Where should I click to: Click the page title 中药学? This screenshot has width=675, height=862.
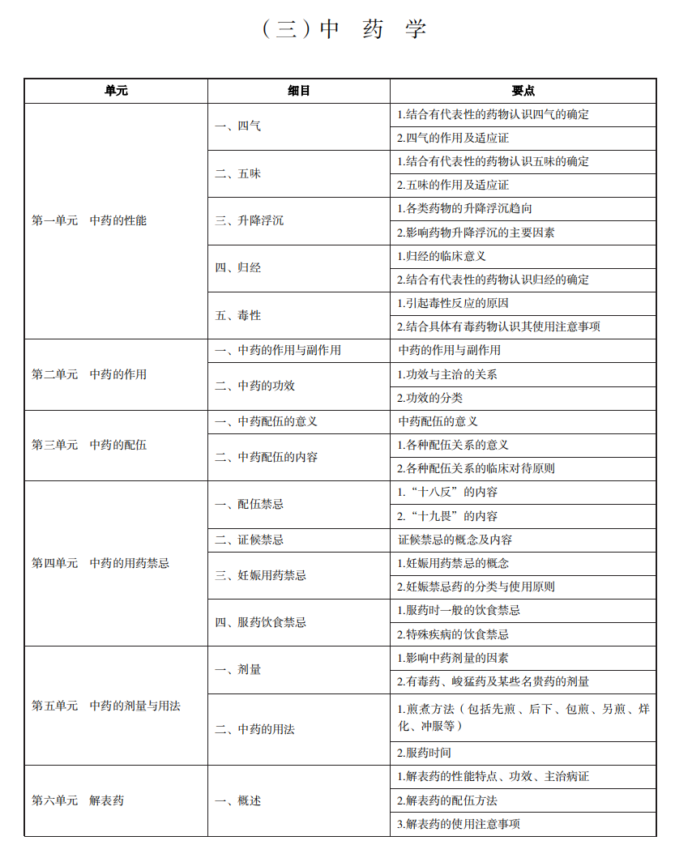pyautogui.click(x=344, y=30)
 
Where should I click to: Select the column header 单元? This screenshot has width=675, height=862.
pyautogui.click(x=116, y=91)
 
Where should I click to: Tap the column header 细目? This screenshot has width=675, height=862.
pyautogui.click(x=299, y=91)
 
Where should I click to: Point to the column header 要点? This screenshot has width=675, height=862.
pyautogui.click(x=523, y=91)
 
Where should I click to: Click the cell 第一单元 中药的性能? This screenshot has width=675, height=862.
pyautogui.click(x=89, y=220)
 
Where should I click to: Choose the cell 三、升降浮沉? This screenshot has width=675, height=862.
pyautogui.click(x=250, y=220)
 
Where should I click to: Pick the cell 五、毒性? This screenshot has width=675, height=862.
pyautogui.click(x=238, y=315)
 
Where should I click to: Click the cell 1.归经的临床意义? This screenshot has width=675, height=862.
pyautogui.click(x=453, y=256)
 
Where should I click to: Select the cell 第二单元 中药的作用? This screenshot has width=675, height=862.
pyautogui.click(x=89, y=374)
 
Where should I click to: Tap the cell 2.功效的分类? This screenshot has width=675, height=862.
pyautogui.click(x=442, y=398)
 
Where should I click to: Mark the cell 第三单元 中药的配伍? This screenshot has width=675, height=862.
pyautogui.click(x=89, y=445)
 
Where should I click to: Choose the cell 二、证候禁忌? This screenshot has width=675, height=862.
pyautogui.click(x=250, y=539)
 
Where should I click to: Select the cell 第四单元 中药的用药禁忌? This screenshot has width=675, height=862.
pyautogui.click(x=100, y=563)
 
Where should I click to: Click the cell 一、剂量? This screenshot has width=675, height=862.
pyautogui.click(x=238, y=670)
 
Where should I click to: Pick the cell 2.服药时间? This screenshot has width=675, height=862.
pyautogui.click(x=424, y=753)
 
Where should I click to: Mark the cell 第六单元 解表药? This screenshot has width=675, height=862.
pyautogui.click(x=78, y=800)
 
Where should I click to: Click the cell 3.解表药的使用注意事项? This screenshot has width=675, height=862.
pyautogui.click(x=459, y=824)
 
